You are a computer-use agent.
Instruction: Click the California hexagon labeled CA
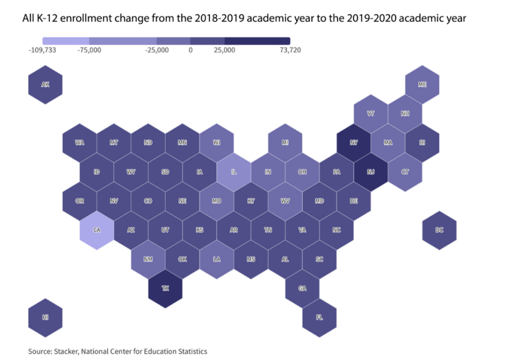96,230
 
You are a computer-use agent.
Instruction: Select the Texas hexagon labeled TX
165,288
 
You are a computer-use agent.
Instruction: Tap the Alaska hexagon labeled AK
45,85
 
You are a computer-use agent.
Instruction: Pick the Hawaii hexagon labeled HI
45,317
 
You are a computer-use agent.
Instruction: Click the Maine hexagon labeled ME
422,85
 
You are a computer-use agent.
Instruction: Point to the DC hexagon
439,230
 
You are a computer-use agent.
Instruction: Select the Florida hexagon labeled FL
319,317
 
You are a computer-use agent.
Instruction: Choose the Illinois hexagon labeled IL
234,172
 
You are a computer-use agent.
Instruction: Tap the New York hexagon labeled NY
353,143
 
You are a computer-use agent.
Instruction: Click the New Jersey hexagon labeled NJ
370,172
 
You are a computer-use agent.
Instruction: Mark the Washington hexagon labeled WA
79,143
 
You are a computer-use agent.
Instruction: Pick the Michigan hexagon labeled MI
285,143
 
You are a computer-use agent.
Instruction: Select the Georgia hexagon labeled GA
302,288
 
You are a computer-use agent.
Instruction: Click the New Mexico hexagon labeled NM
148,259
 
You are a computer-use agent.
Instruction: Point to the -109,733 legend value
42,50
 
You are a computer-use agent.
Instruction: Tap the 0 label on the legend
190,50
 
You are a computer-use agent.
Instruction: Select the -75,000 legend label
89,50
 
